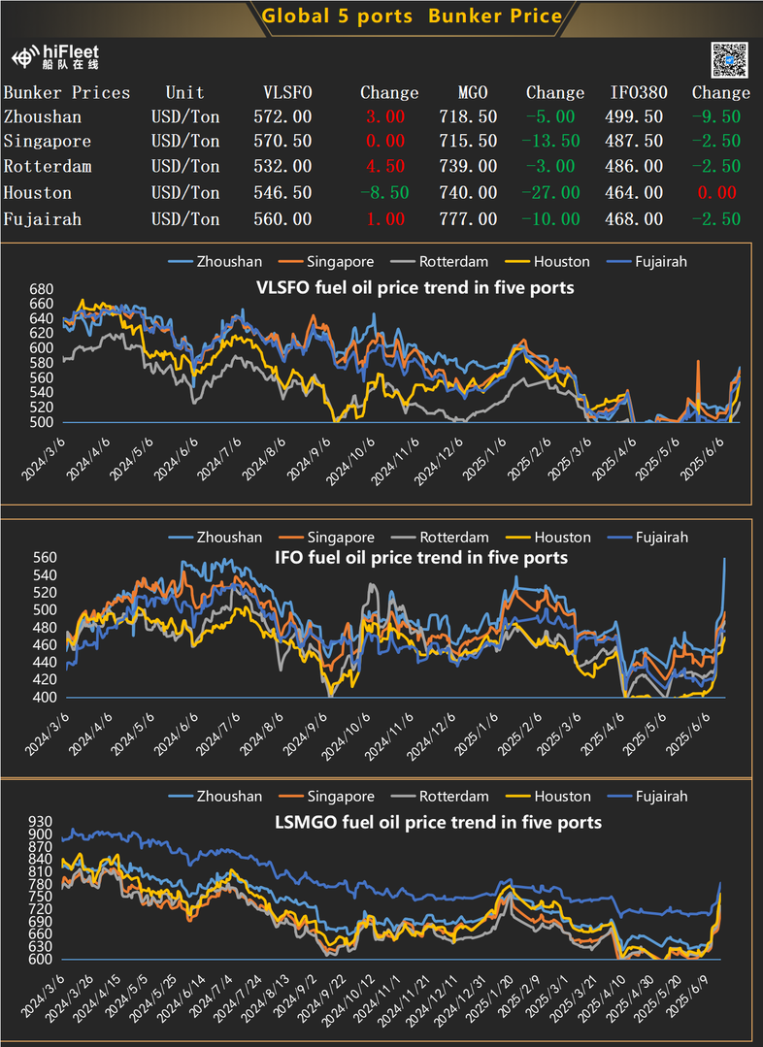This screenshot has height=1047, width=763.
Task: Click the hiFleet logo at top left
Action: point(56,56)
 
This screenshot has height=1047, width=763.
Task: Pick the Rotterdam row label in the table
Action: point(48,167)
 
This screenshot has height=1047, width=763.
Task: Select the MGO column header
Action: point(473,93)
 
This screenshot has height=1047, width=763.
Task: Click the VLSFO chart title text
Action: point(415,288)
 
